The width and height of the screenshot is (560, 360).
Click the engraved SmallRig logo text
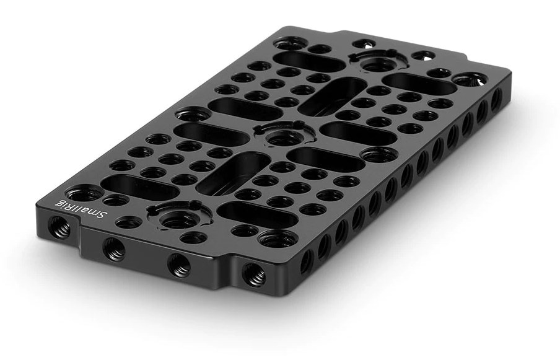[x=81, y=209]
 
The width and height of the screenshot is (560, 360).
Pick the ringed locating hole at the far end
[x=378, y=61]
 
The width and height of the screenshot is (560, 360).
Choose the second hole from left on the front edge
[x=114, y=249]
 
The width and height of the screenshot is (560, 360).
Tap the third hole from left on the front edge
[x=179, y=265]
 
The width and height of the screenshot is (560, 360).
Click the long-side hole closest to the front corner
[x=307, y=261]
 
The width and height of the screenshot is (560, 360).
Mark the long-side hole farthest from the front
[x=496, y=99]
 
